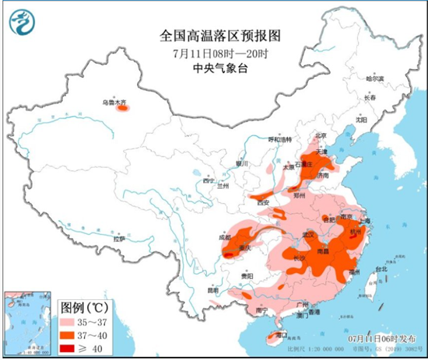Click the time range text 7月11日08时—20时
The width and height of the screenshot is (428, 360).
[214, 53]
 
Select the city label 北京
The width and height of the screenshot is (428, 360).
[317, 135]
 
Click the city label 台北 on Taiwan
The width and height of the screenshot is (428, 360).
[381, 270]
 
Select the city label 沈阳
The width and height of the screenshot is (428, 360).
[360, 120]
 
